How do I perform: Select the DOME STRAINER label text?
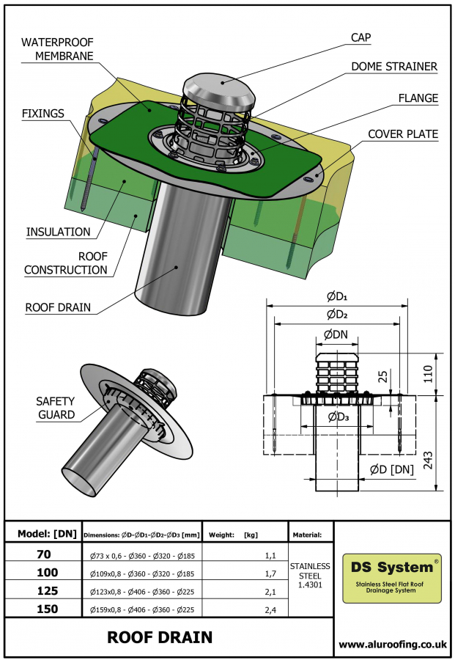pyautogui.click(x=394, y=67)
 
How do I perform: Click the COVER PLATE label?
pyautogui.click(x=402, y=134)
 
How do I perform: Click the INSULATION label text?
pyautogui.click(x=59, y=232)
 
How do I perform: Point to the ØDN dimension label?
pyautogui.click(x=336, y=334)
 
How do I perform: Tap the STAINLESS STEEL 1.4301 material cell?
pyautogui.click(x=310, y=575)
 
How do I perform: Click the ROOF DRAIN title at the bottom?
pyautogui.click(x=160, y=637)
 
